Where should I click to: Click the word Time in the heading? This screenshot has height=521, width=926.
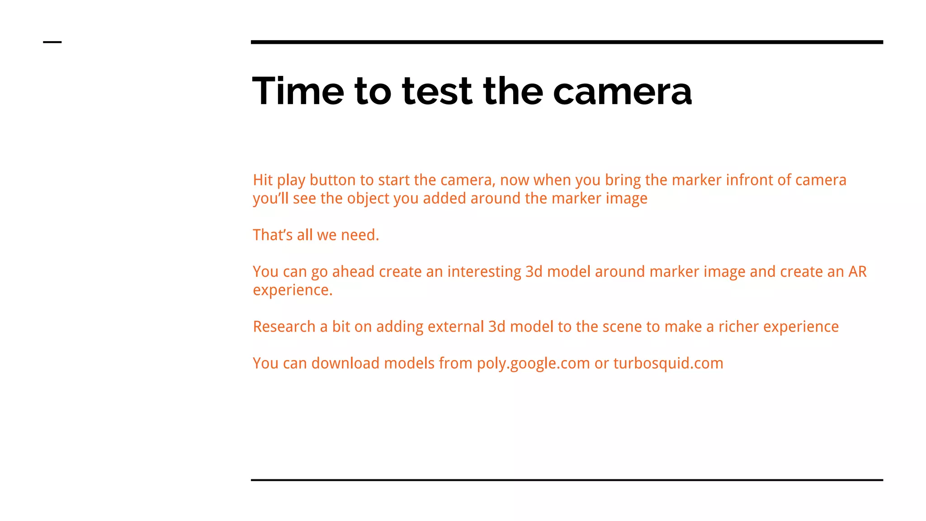(x=298, y=91)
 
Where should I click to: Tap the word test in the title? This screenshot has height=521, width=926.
(x=437, y=91)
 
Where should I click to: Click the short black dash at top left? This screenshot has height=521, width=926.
(x=52, y=42)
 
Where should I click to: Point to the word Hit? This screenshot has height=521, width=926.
(x=263, y=180)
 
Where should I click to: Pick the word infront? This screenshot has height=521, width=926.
(x=749, y=180)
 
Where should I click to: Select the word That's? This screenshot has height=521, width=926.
(x=273, y=235)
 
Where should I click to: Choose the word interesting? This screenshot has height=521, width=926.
(x=484, y=272)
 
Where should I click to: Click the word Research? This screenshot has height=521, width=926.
(x=284, y=327)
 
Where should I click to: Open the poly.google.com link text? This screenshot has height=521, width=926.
(x=533, y=364)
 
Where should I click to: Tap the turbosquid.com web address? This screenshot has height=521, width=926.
(x=668, y=364)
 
